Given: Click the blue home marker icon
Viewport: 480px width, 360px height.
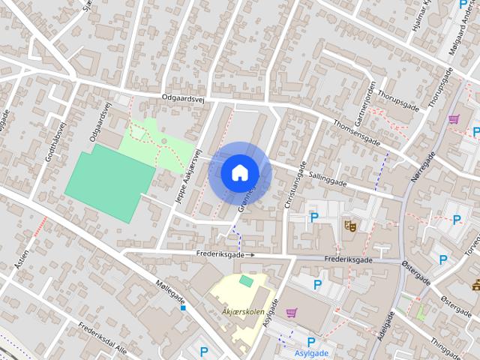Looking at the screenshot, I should coord(239,172).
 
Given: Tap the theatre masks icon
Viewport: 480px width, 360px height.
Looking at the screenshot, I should coord(349,224).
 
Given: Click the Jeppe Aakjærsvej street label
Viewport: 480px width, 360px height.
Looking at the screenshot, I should coord(189,175).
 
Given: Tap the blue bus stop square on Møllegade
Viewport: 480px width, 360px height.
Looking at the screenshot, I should coord(183,307).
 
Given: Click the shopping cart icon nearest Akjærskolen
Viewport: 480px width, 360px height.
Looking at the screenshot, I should coord(292,313).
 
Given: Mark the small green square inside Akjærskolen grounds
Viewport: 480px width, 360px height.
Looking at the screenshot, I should coord(246,280).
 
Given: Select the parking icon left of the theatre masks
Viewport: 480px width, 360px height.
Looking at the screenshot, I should coord(314,217).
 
